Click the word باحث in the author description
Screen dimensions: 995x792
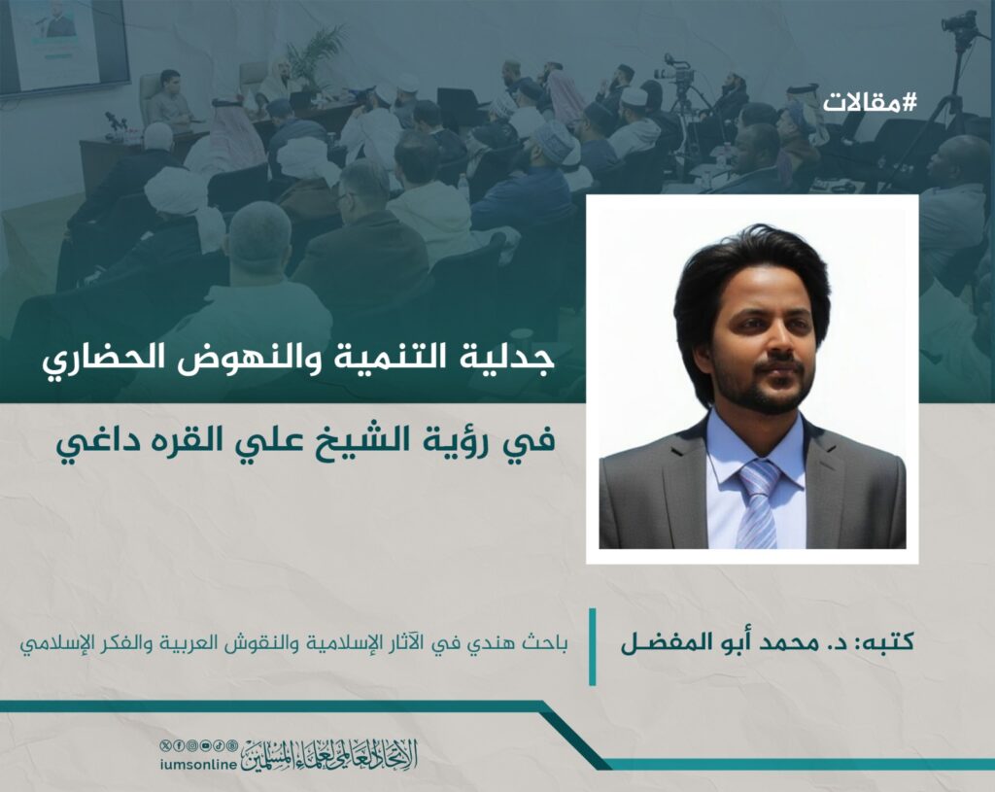tap(546, 644)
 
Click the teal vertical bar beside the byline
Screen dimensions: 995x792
tap(592, 646)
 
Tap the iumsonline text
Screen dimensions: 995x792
tap(198, 765)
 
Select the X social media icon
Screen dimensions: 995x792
tap(165, 745)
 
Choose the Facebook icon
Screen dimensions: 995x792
tap(179, 745)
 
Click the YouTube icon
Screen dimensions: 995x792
tap(205, 745)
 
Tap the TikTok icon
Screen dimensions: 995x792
tap(219, 745)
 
